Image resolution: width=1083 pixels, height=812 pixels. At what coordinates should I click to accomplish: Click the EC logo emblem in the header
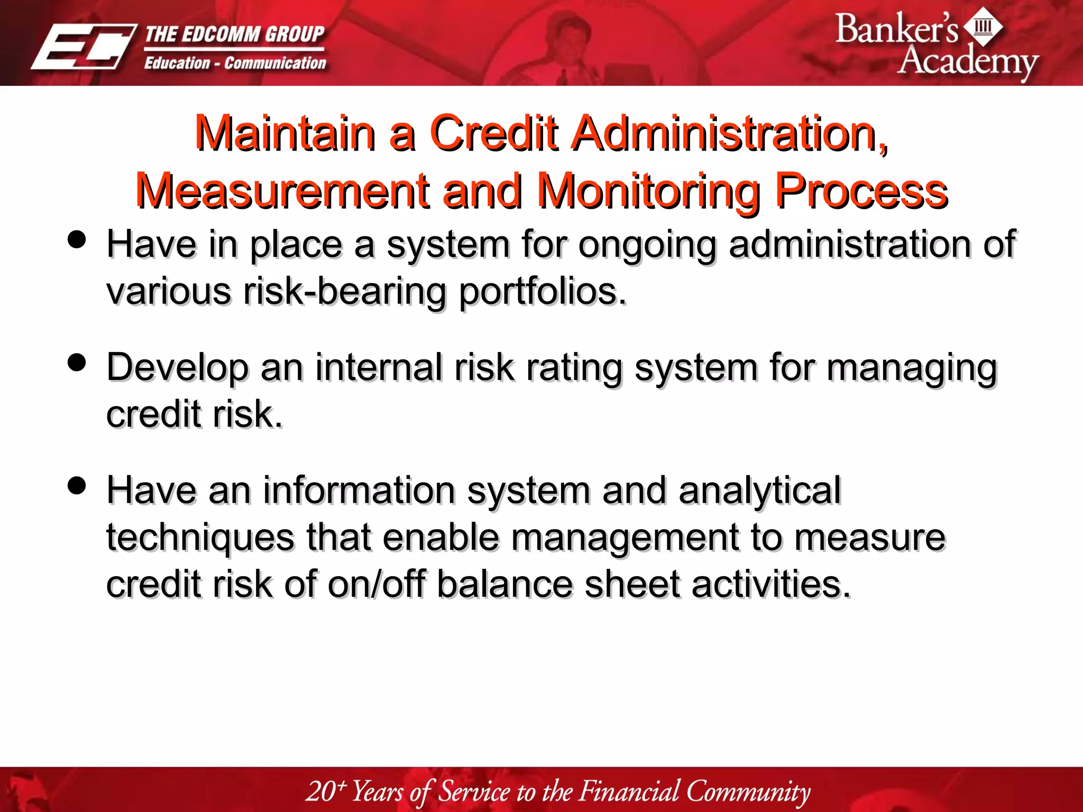pyautogui.click(x=84, y=47)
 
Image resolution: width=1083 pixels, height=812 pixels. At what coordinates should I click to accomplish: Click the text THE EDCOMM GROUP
pyautogui.click(x=234, y=34)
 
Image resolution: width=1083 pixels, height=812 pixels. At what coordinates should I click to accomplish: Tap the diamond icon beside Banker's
pyautogui.click(x=983, y=26)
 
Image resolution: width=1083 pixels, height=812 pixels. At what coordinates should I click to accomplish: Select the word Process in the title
pyautogui.click(x=861, y=191)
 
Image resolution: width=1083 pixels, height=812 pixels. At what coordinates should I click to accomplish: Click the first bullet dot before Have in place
pyautogui.click(x=77, y=239)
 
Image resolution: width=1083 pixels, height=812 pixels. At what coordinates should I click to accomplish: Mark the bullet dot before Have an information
pyautogui.click(x=77, y=485)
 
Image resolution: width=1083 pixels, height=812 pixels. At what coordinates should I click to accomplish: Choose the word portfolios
pyautogui.click(x=543, y=291)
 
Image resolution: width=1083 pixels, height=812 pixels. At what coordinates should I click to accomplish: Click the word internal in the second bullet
pyautogui.click(x=379, y=367)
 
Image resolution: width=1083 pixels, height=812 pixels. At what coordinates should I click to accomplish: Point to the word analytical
pyautogui.click(x=759, y=491)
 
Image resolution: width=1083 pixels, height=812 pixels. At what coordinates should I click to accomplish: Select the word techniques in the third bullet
pyautogui.click(x=200, y=538)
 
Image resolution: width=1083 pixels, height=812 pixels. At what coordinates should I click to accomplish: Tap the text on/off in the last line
pyautogui.click(x=376, y=584)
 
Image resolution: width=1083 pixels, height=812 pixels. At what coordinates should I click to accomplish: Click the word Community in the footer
pyautogui.click(x=748, y=791)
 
